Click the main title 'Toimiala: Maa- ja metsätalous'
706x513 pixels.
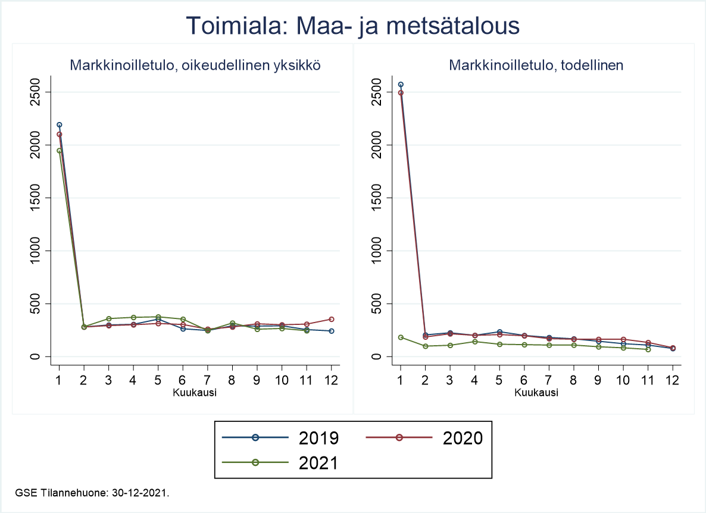click(353, 26)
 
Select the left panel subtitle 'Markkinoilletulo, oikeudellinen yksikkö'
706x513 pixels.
click(196, 65)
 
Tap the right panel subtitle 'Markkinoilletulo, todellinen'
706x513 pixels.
click(536, 65)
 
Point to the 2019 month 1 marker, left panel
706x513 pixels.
click(59, 125)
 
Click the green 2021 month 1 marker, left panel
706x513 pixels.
click(59, 151)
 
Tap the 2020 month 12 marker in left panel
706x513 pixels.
click(331, 320)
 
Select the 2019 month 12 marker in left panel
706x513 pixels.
click(331, 331)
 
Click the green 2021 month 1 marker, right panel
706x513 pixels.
click(401, 337)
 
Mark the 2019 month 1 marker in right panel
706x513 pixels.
click(401, 85)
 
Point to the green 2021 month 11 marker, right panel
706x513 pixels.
click(648, 349)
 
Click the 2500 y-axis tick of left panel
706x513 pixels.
click(36, 92)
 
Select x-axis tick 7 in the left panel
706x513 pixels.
click(208, 380)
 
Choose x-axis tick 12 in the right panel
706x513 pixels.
click(672, 380)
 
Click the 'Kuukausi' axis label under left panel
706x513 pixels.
click(195, 393)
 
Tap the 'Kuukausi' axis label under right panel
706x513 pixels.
click(536, 393)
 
